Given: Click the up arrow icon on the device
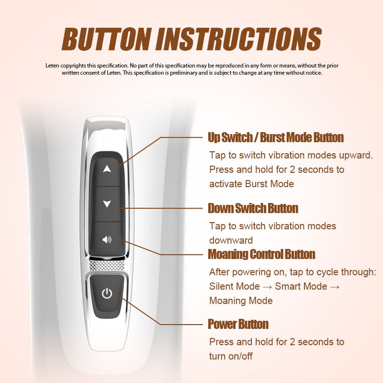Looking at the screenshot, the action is click(107, 169).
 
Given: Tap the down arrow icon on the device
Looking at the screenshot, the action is click(107, 204).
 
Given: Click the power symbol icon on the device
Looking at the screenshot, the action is click(107, 293).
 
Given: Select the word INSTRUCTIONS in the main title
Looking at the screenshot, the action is click(239, 39).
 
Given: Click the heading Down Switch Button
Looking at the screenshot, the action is click(253, 208).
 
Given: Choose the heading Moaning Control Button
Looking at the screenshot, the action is click(261, 254).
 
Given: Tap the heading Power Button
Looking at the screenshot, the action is click(238, 325).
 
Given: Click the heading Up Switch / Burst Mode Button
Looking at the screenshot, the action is click(276, 137).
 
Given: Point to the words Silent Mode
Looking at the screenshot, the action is click(235, 286).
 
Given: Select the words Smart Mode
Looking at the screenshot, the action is click(301, 286).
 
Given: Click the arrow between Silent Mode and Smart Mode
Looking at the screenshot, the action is click(268, 287).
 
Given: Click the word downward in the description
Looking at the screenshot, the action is click(231, 240).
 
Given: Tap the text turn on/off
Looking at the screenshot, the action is click(231, 356).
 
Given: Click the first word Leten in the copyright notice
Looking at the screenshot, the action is click(52, 66).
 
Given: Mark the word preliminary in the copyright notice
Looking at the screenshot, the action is click(184, 73).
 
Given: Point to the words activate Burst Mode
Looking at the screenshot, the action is click(252, 184).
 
